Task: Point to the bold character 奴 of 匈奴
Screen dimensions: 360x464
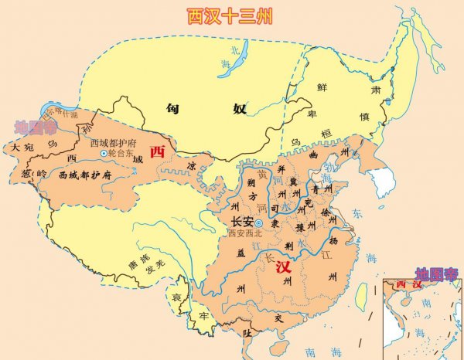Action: (x=239, y=109)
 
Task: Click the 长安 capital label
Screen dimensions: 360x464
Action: (x=243, y=221)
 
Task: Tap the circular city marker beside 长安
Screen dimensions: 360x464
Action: (x=260, y=223)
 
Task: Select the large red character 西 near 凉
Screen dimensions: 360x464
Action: (x=158, y=151)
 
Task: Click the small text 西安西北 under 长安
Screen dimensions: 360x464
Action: (x=247, y=233)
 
